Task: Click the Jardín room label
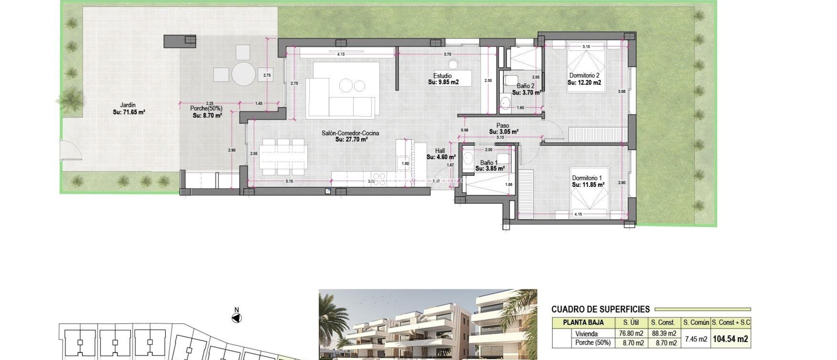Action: pyautogui.click(x=128, y=105)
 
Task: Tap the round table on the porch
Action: pyautogui.click(x=244, y=74)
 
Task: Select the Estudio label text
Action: pyautogui.click(x=443, y=76)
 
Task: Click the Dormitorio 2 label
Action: pyautogui.click(x=584, y=75)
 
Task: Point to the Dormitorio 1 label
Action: pyautogui.click(x=587, y=178)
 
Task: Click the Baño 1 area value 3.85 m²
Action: pyautogui.click(x=490, y=169)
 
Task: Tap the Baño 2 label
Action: pyautogui.click(x=525, y=86)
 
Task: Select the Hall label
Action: pyautogui.click(x=440, y=151)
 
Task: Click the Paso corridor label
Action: pyautogui.click(x=503, y=126)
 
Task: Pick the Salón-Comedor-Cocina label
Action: pyautogui.click(x=350, y=133)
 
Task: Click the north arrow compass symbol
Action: pyautogui.click(x=237, y=318)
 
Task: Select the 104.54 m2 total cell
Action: pyautogui.click(x=730, y=339)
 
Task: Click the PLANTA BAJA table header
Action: pyautogui.click(x=583, y=322)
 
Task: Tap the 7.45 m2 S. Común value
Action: pyautogui.click(x=696, y=339)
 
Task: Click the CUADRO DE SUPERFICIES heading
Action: pyautogui.click(x=600, y=309)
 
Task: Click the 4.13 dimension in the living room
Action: pyautogui.click(x=341, y=54)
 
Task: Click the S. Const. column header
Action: pyautogui.click(x=663, y=322)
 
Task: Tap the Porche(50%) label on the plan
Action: pyautogui.click(x=206, y=108)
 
